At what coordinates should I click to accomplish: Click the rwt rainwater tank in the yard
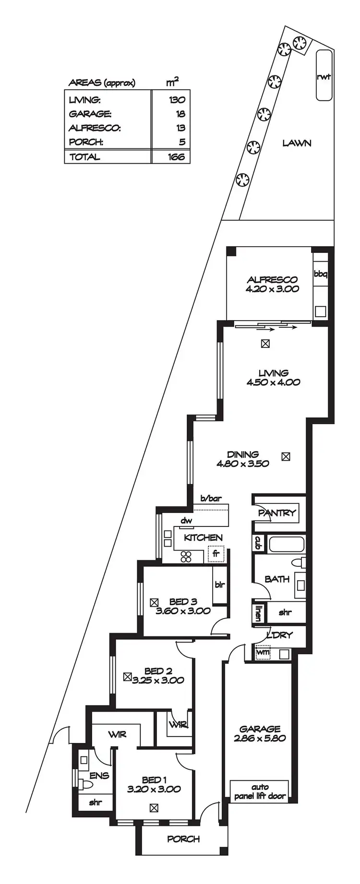click(x=324, y=75)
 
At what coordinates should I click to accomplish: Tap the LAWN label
click(x=296, y=143)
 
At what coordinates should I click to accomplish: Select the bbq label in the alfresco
click(x=320, y=274)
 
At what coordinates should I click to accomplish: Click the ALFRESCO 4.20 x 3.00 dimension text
click(x=272, y=289)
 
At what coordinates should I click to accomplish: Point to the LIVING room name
click(x=273, y=373)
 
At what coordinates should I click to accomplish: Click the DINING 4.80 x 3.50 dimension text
click(x=242, y=464)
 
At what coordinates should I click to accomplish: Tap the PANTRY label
click(x=277, y=513)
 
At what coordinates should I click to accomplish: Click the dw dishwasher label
click(x=186, y=520)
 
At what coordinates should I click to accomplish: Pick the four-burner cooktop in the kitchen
click(x=186, y=557)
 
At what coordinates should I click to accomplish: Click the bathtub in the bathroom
click(x=286, y=545)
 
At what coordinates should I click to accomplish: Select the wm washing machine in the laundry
click(x=263, y=653)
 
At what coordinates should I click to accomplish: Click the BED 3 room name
click(x=183, y=601)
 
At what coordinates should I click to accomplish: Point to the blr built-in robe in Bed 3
click(x=220, y=585)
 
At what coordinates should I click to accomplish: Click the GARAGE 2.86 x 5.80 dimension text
click(x=260, y=738)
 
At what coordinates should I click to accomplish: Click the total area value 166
click(x=176, y=157)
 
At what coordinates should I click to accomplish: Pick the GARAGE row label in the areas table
click(x=90, y=114)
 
